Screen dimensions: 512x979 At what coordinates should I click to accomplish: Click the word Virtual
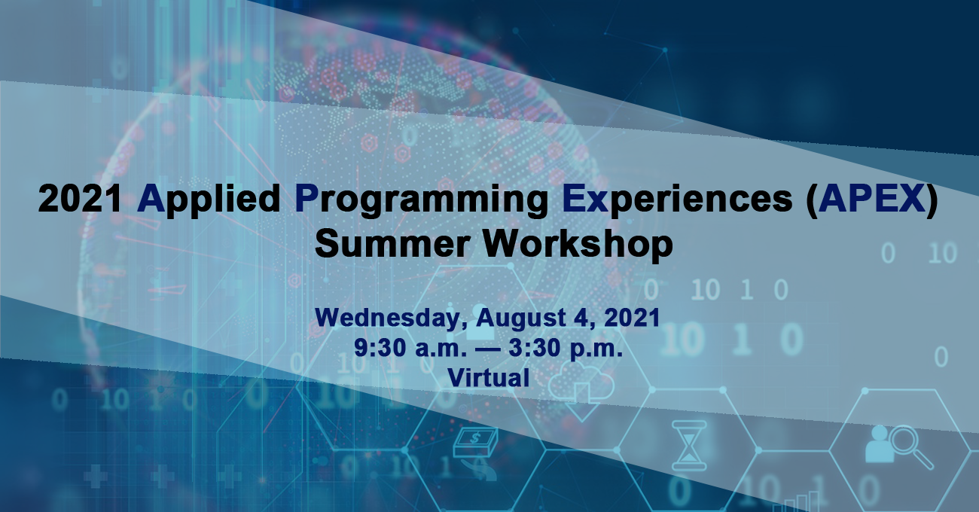tap(489, 376)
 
